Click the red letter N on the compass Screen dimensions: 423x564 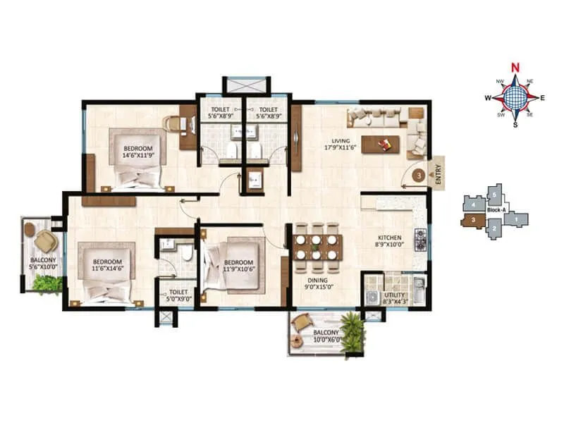pyautogui.click(x=515, y=68)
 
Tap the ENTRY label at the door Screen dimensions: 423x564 pyautogui.click(x=438, y=174)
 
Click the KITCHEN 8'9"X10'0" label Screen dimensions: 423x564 pyautogui.click(x=388, y=241)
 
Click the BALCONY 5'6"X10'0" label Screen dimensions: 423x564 pyautogui.click(x=43, y=264)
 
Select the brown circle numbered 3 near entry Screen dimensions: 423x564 pyautogui.click(x=418, y=174)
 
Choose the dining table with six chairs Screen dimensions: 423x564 pyautogui.click(x=318, y=248)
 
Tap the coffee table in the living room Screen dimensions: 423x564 pyautogui.click(x=380, y=144)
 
